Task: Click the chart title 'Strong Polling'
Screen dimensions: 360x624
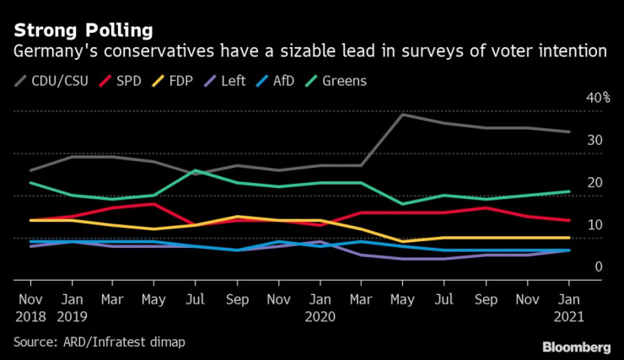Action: (x=83, y=30)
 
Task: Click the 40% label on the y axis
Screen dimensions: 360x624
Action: (x=599, y=98)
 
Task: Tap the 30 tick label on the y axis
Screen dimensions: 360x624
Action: (x=594, y=140)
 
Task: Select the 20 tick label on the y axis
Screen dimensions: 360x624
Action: (x=594, y=182)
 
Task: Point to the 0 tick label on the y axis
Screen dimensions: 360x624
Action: (x=598, y=267)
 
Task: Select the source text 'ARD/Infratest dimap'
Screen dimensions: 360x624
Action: (x=124, y=341)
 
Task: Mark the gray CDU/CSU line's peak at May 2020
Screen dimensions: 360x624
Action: (x=403, y=115)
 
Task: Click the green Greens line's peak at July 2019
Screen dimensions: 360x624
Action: (x=196, y=170)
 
